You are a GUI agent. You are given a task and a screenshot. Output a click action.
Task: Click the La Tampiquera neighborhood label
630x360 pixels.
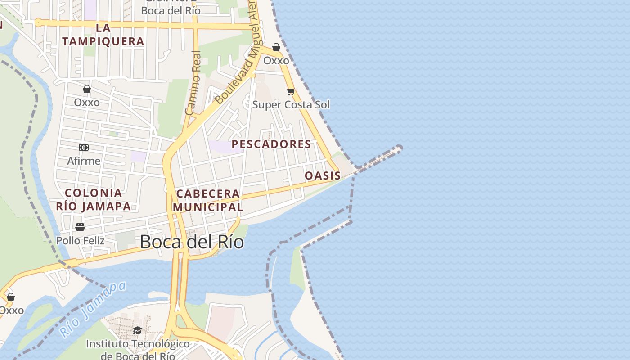pos(103,35)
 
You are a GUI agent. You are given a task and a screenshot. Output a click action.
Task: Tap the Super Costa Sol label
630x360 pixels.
pos(291,105)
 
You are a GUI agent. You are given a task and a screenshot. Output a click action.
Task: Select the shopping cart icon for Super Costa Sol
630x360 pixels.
pos(291,92)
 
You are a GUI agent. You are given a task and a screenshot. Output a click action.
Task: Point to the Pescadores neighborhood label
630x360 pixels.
pos(271,144)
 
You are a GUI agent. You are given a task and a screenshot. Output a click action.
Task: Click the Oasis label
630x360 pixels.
pos(323,175)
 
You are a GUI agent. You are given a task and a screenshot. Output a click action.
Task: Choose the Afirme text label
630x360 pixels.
pos(84,161)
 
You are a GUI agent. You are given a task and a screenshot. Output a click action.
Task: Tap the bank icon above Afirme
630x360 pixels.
pos(84,148)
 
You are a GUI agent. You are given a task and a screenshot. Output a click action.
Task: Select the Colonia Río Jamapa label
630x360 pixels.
pos(94,200)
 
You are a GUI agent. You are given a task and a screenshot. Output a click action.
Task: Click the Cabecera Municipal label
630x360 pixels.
pos(208,200)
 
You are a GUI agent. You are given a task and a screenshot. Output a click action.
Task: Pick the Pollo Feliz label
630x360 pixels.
pos(80,241)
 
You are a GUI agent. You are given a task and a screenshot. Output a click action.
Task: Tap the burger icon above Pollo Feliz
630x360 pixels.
pos(80,227)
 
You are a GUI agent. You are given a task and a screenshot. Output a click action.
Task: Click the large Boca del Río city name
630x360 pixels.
pos(192,242)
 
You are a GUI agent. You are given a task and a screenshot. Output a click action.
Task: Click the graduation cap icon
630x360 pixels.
pos(137,331)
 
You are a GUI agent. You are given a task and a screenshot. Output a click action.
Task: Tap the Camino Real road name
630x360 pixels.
pos(193,83)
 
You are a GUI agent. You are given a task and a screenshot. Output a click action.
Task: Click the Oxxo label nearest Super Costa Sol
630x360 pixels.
pos(276,60)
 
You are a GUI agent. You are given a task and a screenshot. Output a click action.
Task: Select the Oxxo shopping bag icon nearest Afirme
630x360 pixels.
pos(87,89)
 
